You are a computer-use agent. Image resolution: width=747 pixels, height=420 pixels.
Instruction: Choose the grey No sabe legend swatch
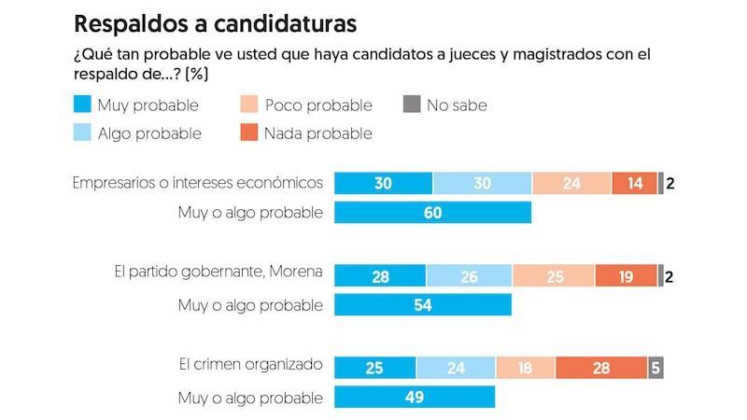coord(411,105)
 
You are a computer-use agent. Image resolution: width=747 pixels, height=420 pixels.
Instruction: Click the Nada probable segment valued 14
coord(635,183)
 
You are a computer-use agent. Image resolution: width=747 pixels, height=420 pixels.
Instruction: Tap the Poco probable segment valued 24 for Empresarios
coord(571,183)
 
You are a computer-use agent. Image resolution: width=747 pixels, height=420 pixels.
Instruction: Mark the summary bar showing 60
coord(432,213)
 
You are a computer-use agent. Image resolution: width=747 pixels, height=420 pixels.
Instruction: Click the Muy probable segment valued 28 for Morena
coord(380,275)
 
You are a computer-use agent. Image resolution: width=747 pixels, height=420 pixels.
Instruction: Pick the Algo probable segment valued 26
coord(469,275)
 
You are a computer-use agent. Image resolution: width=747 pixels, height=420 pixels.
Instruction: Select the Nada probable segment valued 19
coord(626,275)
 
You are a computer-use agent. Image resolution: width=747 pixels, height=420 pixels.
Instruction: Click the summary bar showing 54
coord(423,304)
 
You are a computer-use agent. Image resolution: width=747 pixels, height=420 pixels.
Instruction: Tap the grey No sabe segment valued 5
coord(655,367)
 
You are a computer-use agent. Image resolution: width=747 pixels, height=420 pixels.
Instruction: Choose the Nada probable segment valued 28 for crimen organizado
coord(601,367)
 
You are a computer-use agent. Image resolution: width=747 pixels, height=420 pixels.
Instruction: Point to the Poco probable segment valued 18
coord(526,367)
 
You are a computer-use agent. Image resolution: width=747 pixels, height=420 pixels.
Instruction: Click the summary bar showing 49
coord(415,397)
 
